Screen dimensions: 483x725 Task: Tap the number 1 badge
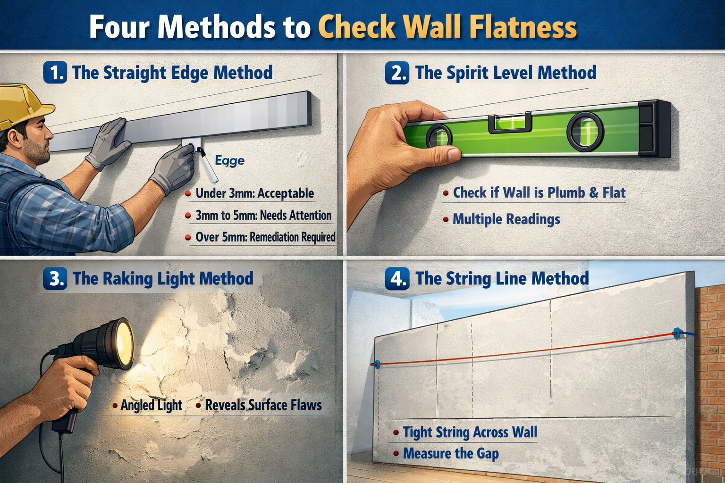click(x=55, y=73)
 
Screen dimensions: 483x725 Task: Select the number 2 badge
click(x=397, y=73)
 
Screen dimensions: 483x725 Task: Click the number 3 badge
click(x=55, y=278)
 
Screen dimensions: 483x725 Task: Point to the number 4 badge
click(x=397, y=279)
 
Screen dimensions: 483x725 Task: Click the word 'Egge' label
click(x=229, y=161)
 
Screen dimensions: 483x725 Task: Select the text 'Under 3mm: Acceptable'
click(x=254, y=193)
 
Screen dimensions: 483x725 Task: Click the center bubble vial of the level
click(x=510, y=123)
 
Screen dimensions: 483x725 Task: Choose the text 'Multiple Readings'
click(x=506, y=219)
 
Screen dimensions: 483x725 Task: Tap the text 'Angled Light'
click(x=151, y=405)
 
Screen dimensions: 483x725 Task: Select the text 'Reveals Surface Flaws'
click(x=263, y=405)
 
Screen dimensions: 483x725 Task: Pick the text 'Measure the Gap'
click(x=450, y=454)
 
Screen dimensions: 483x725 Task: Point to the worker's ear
click(x=14, y=138)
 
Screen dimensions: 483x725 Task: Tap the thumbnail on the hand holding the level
click(x=454, y=154)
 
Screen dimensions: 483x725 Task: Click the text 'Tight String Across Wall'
click(x=470, y=433)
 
